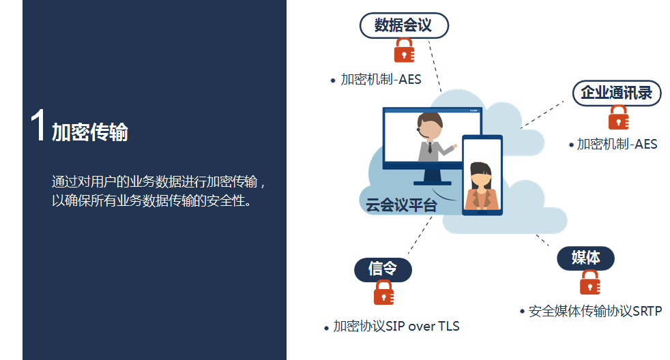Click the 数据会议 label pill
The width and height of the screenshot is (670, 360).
tap(404, 26)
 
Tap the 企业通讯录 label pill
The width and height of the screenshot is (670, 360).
tap(617, 93)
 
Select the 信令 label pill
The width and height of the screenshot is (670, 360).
tap(383, 269)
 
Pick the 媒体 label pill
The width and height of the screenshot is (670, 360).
tap(585, 258)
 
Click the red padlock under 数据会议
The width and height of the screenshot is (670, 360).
tap(404, 50)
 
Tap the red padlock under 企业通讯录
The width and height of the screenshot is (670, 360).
tap(618, 117)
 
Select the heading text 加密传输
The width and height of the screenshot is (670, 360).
tap(90, 132)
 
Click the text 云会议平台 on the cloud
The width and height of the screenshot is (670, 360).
tap(401, 205)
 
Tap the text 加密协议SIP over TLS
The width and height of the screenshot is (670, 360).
tap(396, 327)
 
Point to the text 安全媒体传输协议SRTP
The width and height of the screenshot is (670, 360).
tap(595, 312)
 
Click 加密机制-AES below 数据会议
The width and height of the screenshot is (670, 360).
tap(381, 79)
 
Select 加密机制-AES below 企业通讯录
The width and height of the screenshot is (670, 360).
tap(617, 145)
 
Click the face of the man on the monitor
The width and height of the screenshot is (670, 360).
tap(430, 130)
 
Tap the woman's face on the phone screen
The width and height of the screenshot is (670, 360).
tap(482, 179)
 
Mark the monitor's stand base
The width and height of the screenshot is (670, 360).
tap(433, 183)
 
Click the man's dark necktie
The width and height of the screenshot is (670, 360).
tap(429, 147)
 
